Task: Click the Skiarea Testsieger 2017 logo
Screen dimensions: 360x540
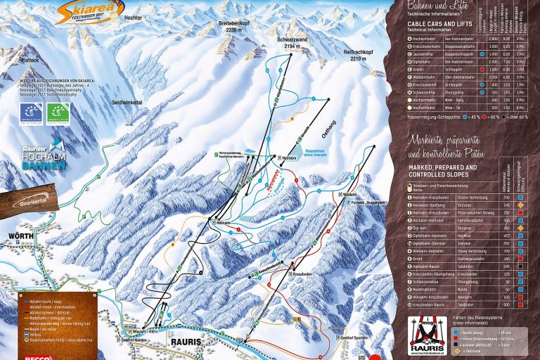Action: [83, 11]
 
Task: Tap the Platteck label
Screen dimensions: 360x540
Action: [29, 60]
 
